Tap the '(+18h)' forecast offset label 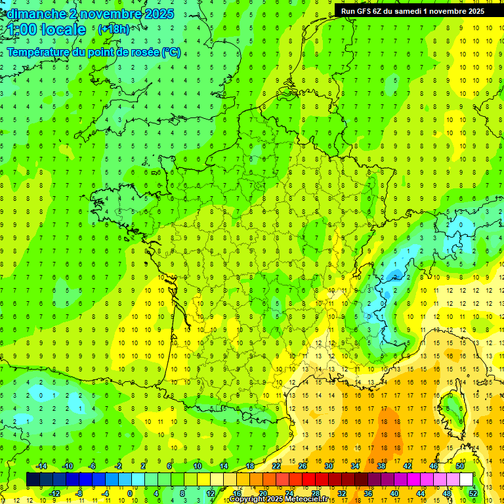114,30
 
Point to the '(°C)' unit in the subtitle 171,52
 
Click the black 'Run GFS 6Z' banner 413,10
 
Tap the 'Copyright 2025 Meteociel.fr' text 279,499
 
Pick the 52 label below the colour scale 473,493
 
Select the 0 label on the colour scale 129,493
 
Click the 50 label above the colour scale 459,465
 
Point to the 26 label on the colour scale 303,465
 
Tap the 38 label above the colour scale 381,465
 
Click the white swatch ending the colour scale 466,479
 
